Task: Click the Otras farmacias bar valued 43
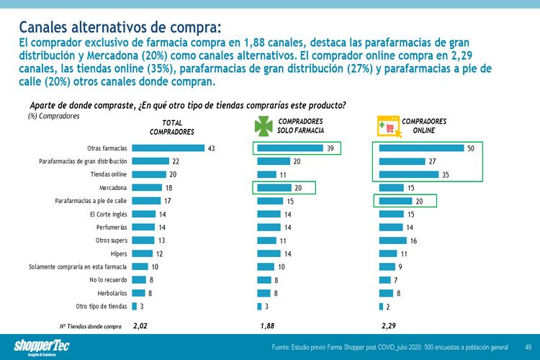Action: (x=168, y=148)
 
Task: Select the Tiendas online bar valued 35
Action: (x=408, y=174)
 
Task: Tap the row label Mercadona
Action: (x=114, y=187)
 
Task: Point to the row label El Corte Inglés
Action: (x=108, y=214)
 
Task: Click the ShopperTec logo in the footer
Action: (x=43, y=346)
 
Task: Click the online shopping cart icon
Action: (x=388, y=127)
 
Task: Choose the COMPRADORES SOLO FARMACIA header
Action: (x=300, y=126)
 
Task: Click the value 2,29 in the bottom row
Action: (x=390, y=326)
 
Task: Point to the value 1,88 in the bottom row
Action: (x=268, y=326)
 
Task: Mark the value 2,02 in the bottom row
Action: (x=140, y=326)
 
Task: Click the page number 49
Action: (x=528, y=348)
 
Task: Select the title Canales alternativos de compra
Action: (x=120, y=27)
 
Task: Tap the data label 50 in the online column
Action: (x=471, y=148)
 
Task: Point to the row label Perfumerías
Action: (x=109, y=227)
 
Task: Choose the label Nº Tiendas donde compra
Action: (x=90, y=326)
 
